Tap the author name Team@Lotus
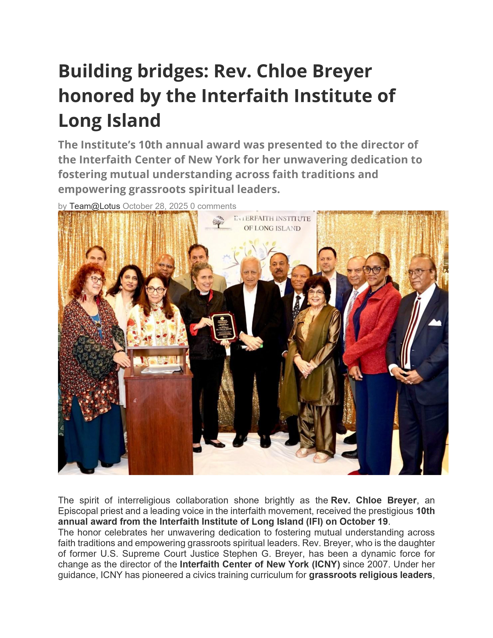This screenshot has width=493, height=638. [x=95, y=206]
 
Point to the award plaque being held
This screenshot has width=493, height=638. [x=224, y=327]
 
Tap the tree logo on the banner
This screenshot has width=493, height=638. [x=218, y=222]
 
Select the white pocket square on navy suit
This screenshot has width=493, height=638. [x=435, y=322]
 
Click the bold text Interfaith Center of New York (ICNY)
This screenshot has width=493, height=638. [x=260, y=564]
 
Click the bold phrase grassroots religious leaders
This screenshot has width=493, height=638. [x=370, y=575]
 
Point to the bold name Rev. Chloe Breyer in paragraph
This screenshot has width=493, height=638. [x=374, y=500]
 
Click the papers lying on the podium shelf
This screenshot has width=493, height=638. [x=161, y=369]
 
